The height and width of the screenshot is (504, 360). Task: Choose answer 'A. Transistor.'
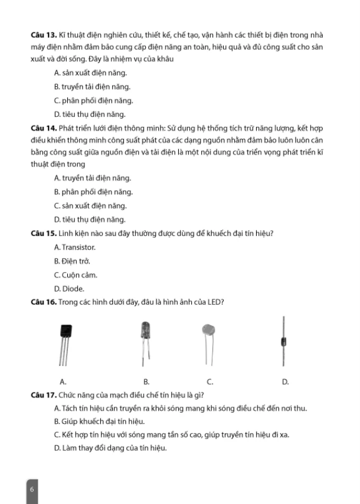[x=74, y=248]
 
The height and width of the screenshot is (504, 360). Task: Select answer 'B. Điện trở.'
[x=72, y=261]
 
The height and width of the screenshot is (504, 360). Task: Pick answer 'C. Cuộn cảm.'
[x=75, y=275]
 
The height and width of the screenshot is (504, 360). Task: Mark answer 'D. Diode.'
[x=69, y=289]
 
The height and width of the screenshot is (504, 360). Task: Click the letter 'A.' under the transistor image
[x=63, y=381]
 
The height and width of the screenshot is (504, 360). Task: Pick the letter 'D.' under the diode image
[x=285, y=381]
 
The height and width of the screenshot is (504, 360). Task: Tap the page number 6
[x=32, y=489]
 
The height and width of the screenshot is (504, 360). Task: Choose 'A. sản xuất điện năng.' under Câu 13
[x=90, y=73]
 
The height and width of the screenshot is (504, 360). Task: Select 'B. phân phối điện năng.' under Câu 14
[x=93, y=192]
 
